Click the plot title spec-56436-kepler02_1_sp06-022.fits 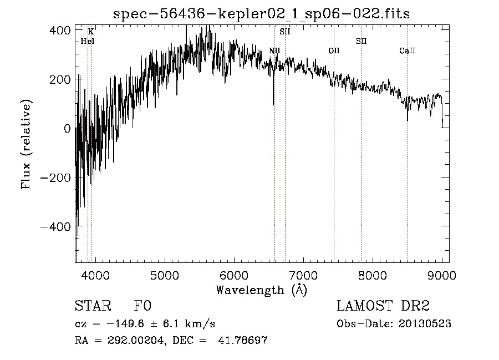coord(261,14)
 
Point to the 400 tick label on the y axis coord(60,31)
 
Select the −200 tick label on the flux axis coord(55,178)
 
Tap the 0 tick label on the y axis coord(67,129)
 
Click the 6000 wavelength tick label coord(234,275)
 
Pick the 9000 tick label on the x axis coord(442,275)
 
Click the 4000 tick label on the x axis coord(95,275)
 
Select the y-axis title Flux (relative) coord(26,145)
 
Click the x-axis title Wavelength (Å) coord(262,290)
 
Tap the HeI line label coord(88,41)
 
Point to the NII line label coord(274,50)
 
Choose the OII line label coord(334,50)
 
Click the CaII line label coord(408,50)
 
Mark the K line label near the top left coord(91,32)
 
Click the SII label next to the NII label coord(285,32)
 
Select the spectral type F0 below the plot coord(142,306)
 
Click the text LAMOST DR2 coord(383,306)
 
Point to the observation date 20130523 coord(425,324)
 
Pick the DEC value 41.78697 coord(242,341)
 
